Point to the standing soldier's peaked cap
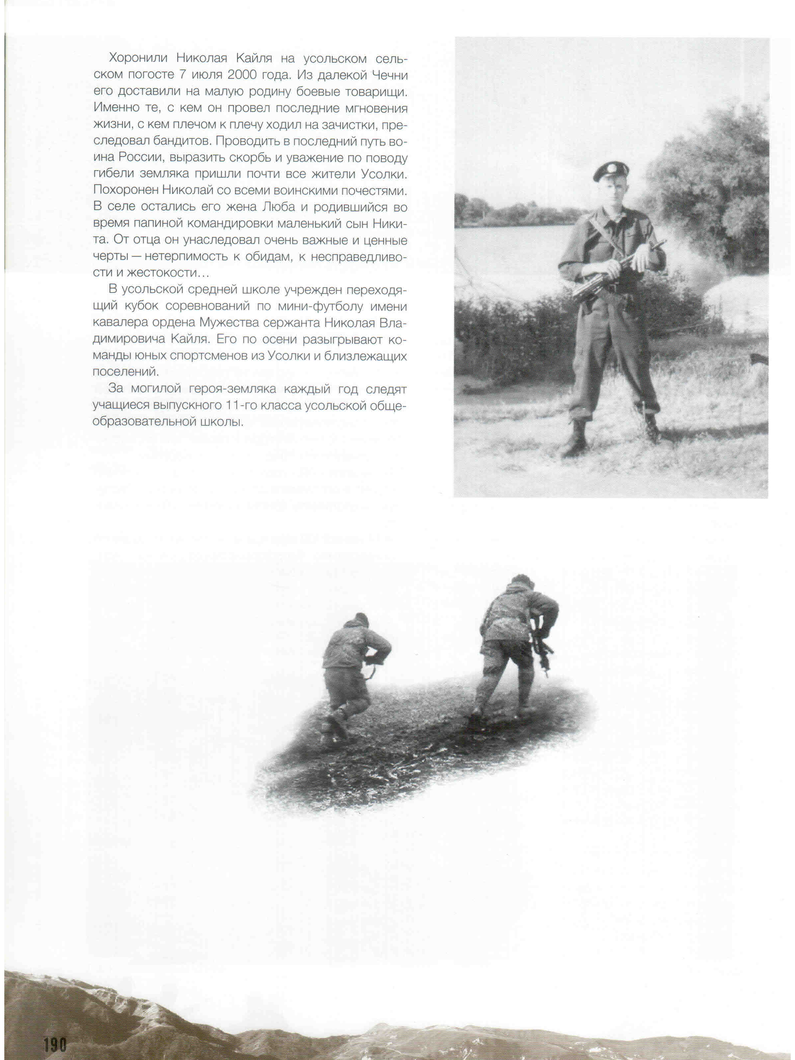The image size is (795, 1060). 610,171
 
